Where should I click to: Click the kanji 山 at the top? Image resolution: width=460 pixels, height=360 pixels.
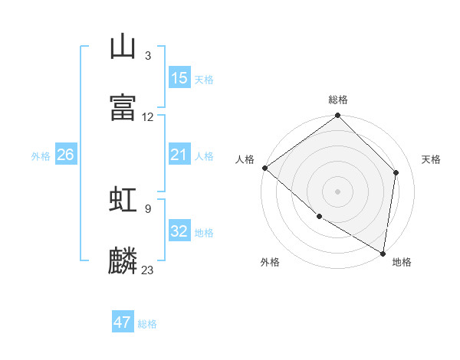click(123, 47)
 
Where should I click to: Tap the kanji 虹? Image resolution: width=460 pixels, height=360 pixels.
click(123, 199)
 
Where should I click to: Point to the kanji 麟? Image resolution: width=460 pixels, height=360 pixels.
click(123, 260)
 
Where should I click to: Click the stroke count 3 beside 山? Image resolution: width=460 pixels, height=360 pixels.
click(147, 56)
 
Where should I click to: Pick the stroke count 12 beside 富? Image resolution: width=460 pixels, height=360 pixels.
click(148, 117)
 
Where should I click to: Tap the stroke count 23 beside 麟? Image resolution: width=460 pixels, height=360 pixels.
click(148, 270)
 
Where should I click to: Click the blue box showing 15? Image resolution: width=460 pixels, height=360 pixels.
click(179, 78)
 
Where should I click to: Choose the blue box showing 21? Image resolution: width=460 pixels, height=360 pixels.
click(179, 155)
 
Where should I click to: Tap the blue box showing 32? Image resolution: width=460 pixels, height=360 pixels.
click(179, 231)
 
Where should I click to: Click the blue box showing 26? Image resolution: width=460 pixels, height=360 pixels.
click(65, 155)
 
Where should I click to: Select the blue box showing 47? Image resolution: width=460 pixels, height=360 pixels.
click(123, 322)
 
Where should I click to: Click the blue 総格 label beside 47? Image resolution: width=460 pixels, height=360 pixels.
click(147, 324)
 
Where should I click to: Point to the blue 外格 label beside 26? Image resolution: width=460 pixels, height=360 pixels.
click(41, 156)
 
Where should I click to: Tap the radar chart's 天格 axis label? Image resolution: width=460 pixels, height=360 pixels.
click(431, 159)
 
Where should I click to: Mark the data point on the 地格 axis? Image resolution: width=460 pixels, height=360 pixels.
click(383, 253)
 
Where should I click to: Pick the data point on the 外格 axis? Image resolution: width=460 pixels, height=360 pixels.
click(319, 216)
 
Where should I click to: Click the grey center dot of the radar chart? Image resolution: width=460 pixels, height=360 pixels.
click(337, 191)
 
